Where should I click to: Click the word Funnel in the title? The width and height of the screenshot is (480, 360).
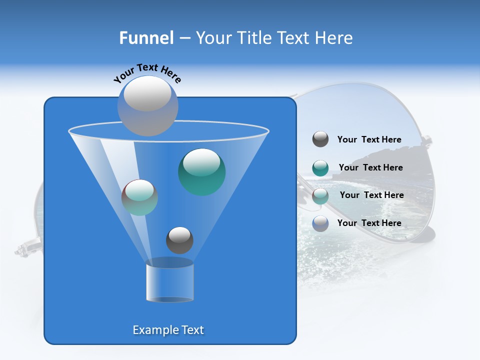(x=146, y=38)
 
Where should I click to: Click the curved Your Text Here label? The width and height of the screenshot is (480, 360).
(x=147, y=73)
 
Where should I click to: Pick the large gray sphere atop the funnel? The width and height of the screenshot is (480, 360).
(x=147, y=105)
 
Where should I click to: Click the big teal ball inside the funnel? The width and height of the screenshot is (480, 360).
(x=202, y=171)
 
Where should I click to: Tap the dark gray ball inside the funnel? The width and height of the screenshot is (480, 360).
(x=179, y=240)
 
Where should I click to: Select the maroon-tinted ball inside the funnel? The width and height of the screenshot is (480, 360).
(x=139, y=197)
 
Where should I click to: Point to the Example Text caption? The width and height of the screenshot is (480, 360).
(x=168, y=330)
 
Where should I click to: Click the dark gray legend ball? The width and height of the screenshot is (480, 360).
(x=320, y=139)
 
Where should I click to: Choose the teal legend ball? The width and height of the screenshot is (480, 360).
(x=320, y=168)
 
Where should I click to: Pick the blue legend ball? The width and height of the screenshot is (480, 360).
(x=320, y=223)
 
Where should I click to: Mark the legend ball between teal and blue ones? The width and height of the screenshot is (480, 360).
(x=320, y=196)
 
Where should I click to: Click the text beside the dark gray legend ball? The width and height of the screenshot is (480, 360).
(x=369, y=140)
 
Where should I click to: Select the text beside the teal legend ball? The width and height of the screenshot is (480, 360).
(x=370, y=168)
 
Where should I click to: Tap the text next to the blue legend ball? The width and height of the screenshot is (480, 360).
(x=369, y=223)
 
